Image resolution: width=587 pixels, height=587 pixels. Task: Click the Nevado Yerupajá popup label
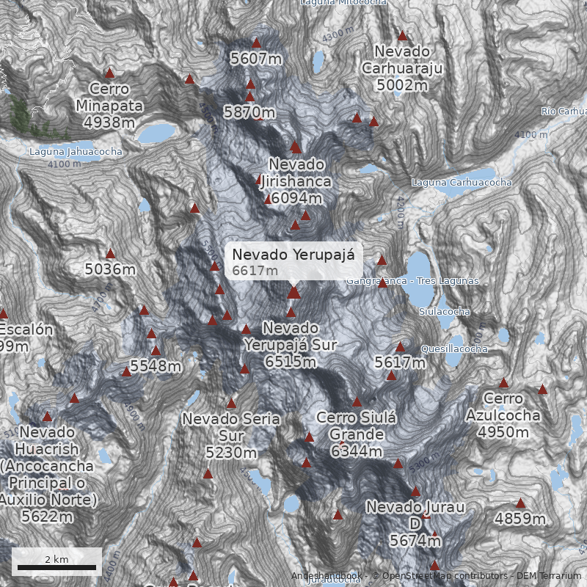click(x=293, y=255)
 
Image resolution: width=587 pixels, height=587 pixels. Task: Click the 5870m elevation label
click(x=249, y=112)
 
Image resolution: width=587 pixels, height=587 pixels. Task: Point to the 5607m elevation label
click(x=256, y=58)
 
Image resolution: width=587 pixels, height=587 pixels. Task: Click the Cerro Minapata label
click(x=109, y=106)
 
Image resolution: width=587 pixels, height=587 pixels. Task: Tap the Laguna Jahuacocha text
click(x=76, y=152)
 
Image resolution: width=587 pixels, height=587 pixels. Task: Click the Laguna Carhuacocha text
click(x=462, y=182)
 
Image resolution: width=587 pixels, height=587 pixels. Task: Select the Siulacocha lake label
click(x=444, y=312)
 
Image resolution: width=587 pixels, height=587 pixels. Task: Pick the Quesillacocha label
click(x=455, y=349)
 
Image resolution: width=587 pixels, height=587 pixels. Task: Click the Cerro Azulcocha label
click(x=503, y=415)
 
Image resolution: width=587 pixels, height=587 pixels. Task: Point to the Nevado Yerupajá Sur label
click(x=291, y=344)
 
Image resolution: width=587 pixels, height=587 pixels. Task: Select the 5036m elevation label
click(x=110, y=269)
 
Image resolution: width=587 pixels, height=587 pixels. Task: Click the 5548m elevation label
click(x=156, y=365)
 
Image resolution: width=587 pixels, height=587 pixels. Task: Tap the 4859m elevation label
click(x=520, y=519)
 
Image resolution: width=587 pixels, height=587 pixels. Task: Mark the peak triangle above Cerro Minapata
click(x=110, y=73)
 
